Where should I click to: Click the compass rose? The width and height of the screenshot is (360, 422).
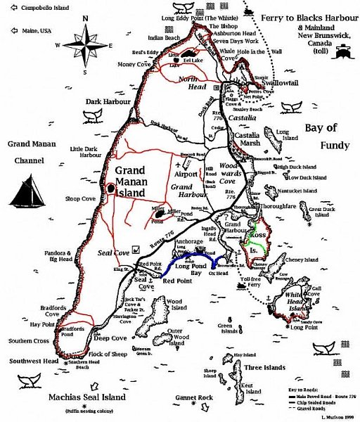[x=85, y=45]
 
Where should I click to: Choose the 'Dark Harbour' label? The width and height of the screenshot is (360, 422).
[x=105, y=101]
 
